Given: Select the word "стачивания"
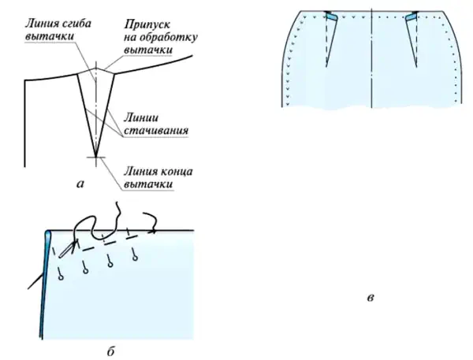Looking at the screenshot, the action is [x=156, y=131].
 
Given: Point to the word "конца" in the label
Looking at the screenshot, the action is [x=175, y=171].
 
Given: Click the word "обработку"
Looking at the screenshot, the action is [x=169, y=37].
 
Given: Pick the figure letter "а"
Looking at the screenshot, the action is [x=80, y=184].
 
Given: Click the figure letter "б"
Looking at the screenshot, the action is [x=110, y=351].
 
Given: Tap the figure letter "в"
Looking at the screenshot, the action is [x=371, y=298].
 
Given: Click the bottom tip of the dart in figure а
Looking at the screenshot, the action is [x=96, y=157].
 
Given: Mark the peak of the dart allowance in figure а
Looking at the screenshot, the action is [x=96, y=68].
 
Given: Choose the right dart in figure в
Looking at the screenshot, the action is [x=412, y=39].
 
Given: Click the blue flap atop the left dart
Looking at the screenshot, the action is [x=332, y=17].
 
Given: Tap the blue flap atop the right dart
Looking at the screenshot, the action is [x=412, y=17].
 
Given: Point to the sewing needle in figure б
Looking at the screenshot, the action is [x=68, y=249].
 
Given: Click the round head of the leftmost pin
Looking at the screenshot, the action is [x=61, y=278].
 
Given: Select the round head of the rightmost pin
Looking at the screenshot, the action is [x=135, y=258].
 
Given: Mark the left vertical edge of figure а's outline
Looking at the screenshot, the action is [x=24, y=123].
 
